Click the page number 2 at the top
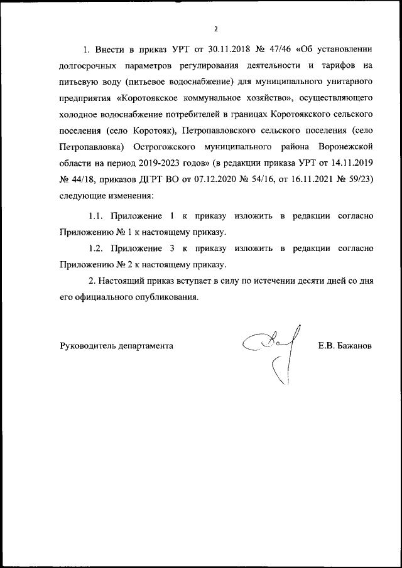click(x=215, y=29)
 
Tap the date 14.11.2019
click(x=352, y=163)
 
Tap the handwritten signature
click(x=270, y=351)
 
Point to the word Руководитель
click(x=87, y=345)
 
